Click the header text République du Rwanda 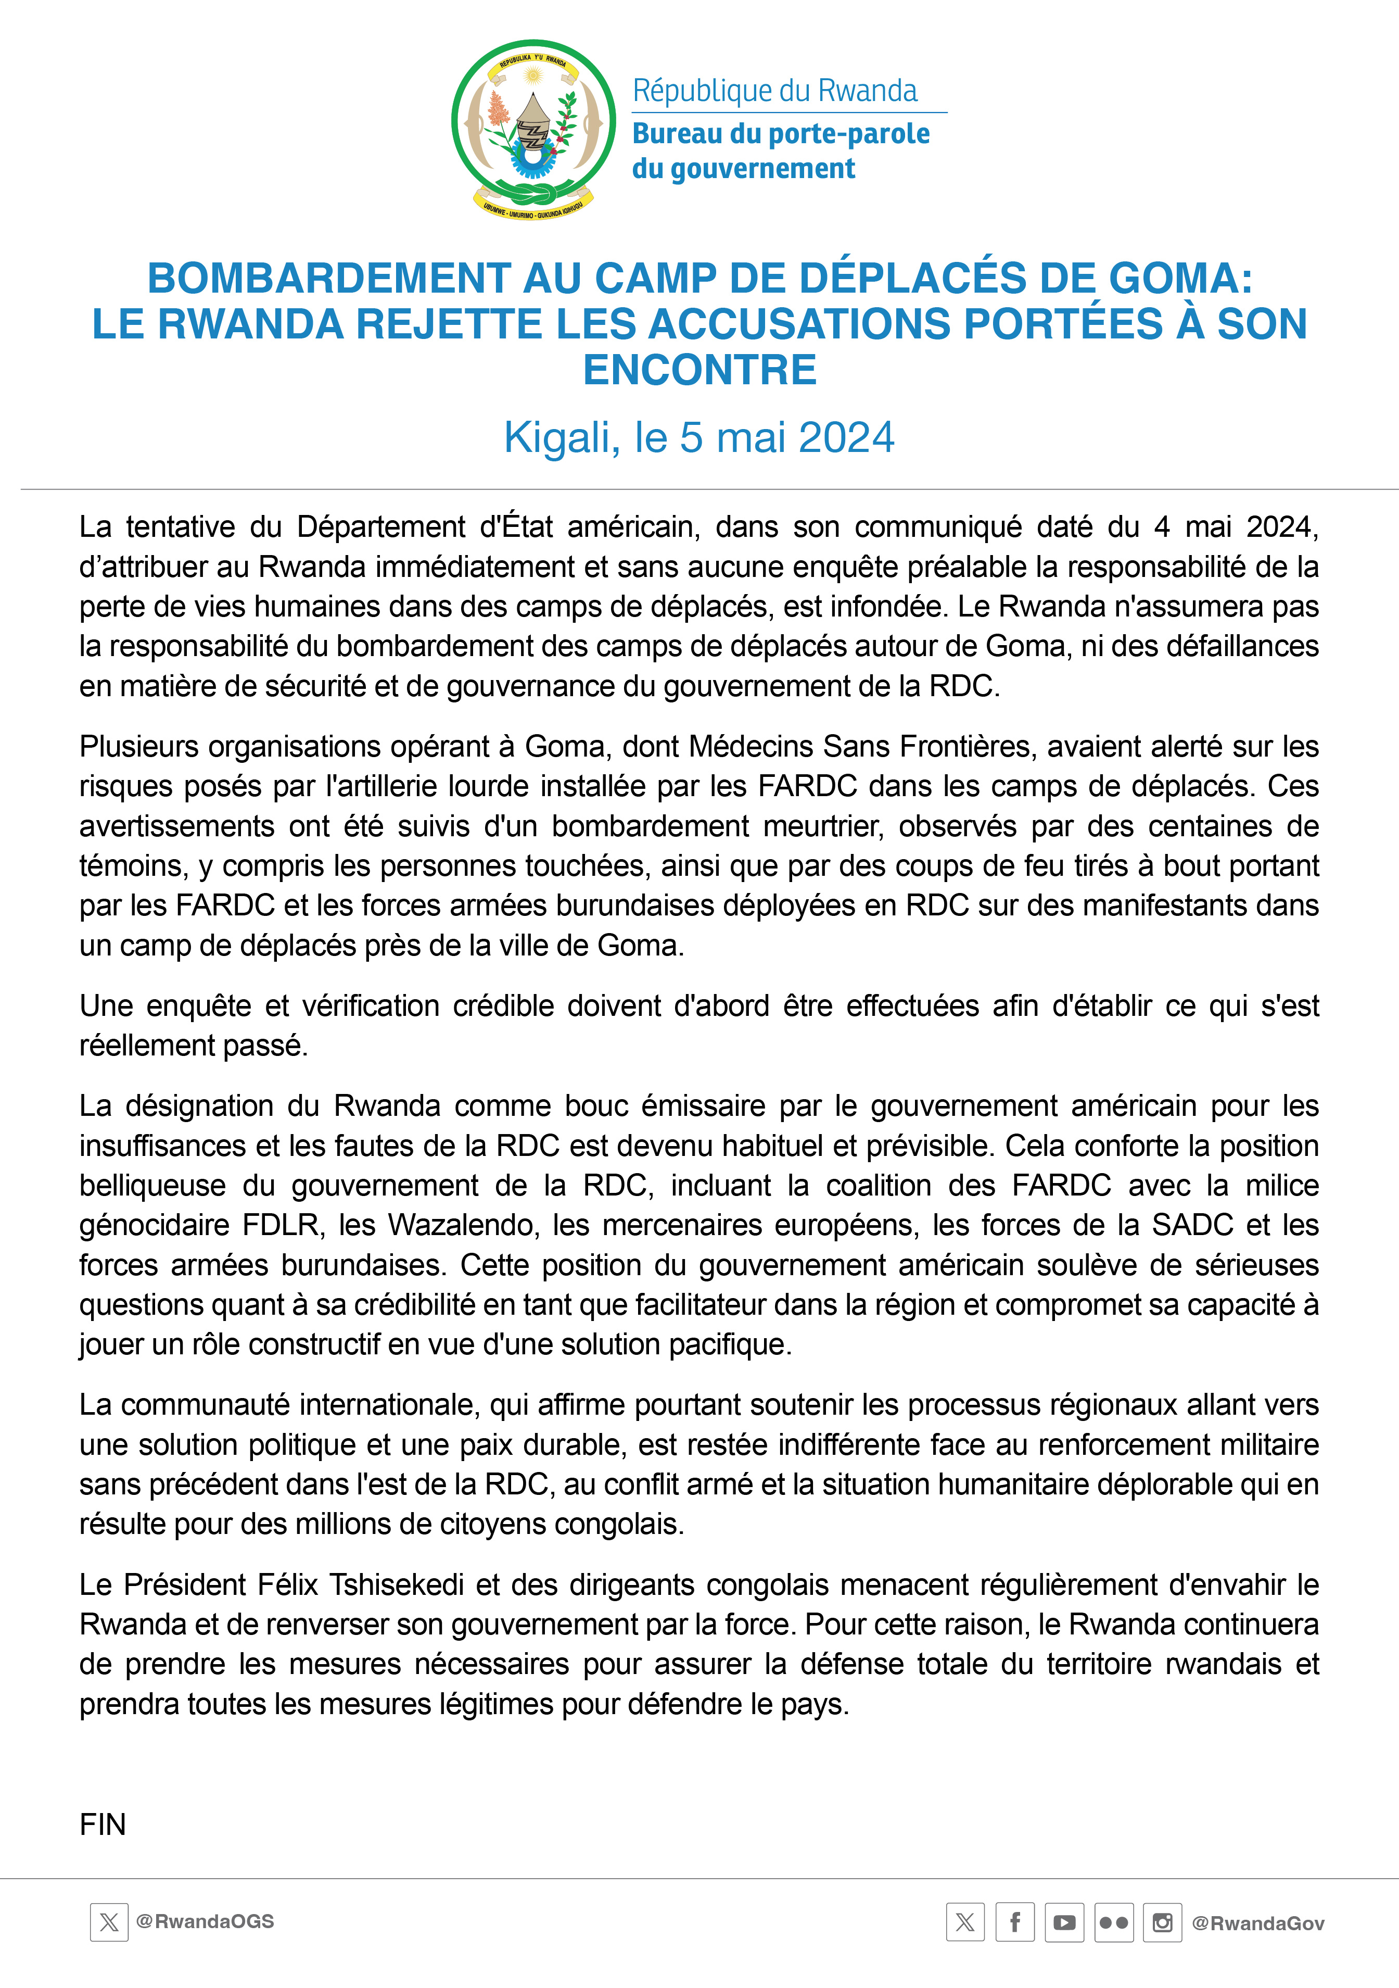[x=775, y=91]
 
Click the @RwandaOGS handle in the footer [x=205, y=1921]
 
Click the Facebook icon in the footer [x=1014, y=1923]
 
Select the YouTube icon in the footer [x=1064, y=1923]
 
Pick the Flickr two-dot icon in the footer [x=1113, y=1923]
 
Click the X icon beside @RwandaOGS [x=109, y=1922]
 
